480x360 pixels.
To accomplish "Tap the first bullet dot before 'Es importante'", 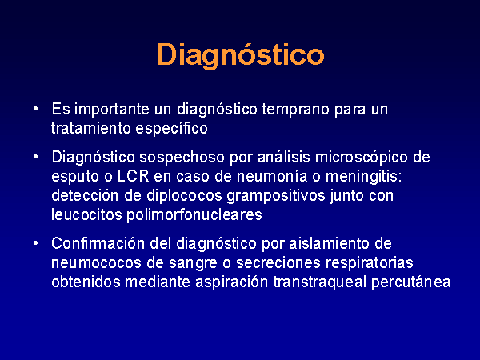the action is coord(36,108).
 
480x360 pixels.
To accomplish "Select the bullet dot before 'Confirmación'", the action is coord(36,243).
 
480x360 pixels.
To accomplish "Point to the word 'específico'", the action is coord(172,129).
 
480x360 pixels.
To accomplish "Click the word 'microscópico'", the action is coord(362,158).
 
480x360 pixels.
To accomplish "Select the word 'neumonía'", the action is coord(272,177).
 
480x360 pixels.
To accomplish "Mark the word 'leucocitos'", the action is coord(86,214).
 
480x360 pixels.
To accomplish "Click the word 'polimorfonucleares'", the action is coord(194,215).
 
